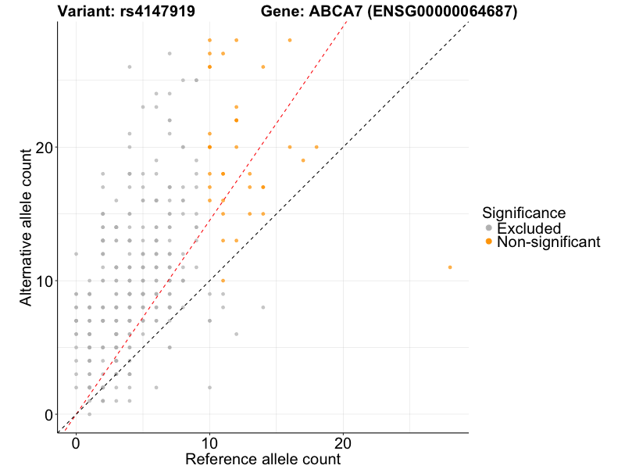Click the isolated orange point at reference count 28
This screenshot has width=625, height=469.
click(x=450, y=267)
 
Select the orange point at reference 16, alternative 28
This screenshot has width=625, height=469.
click(x=290, y=40)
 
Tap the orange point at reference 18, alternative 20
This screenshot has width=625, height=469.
click(x=316, y=147)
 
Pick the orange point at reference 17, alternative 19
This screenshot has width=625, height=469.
click(x=303, y=160)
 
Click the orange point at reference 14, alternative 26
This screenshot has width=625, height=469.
click(x=263, y=66)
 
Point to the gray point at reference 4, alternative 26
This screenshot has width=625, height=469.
click(x=130, y=66)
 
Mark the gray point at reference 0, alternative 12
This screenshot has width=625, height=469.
click(x=76, y=254)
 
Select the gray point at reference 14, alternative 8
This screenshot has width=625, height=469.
click(x=263, y=307)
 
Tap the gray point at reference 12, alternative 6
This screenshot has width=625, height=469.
click(x=236, y=334)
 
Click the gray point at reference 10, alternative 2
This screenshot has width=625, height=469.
click(x=209, y=388)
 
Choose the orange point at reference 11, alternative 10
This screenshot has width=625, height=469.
click(x=223, y=281)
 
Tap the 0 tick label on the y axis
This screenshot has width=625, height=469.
click(x=48, y=415)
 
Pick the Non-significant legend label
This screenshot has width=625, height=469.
click(x=548, y=242)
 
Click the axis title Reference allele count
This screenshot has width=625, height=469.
click(x=262, y=459)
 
